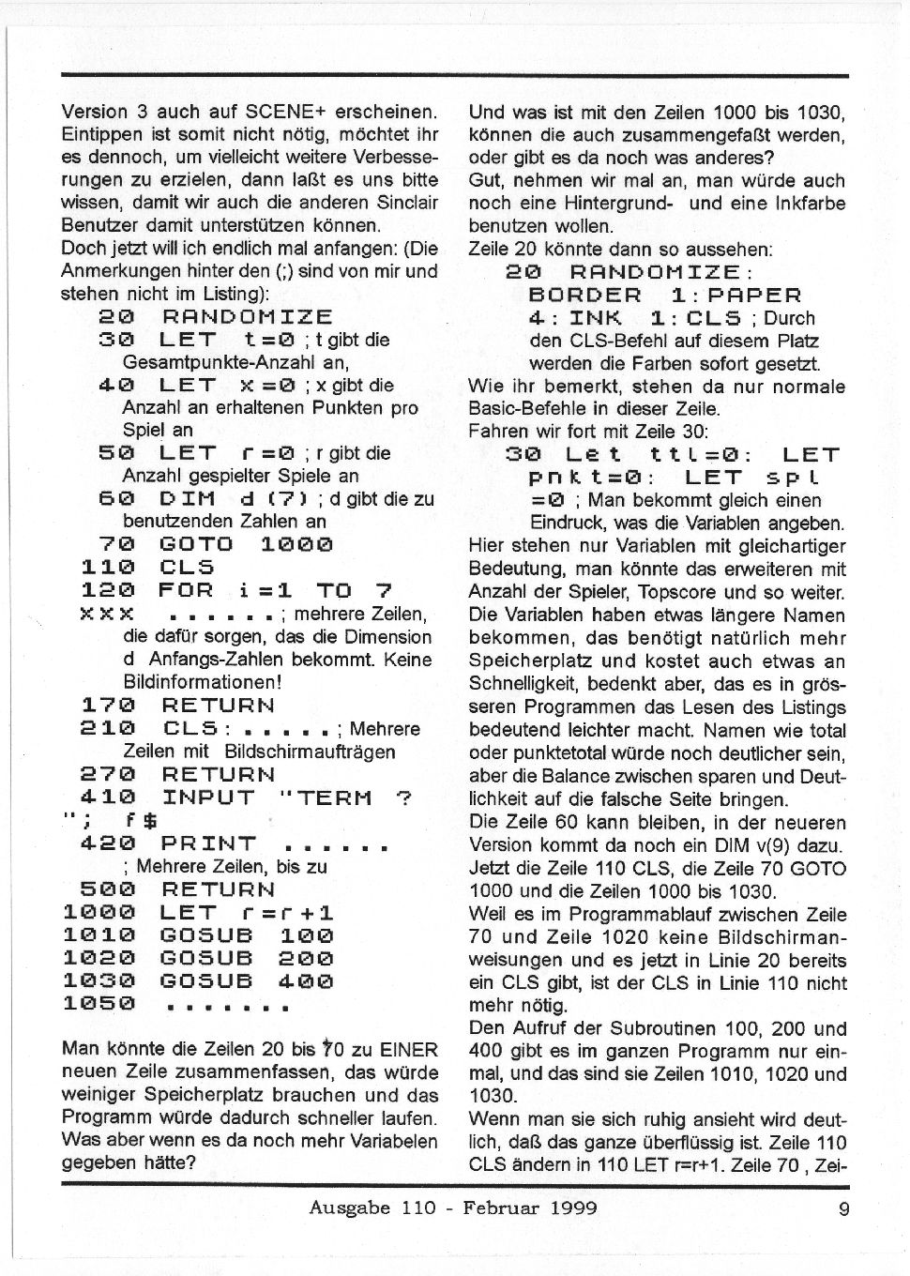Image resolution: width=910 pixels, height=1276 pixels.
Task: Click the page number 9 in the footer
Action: point(843,1208)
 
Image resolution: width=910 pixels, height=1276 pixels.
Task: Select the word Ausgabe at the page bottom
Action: point(350,1208)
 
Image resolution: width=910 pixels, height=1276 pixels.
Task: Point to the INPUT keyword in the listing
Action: point(208,797)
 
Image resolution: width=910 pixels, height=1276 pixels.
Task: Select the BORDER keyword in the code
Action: point(585,296)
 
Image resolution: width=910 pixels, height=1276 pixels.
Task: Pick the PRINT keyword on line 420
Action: point(208,843)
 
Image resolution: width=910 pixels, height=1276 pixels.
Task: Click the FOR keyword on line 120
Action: point(185,591)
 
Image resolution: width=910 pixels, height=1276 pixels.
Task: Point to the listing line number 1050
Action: point(99,1004)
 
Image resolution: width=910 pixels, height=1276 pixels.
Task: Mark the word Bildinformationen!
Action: point(202,682)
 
